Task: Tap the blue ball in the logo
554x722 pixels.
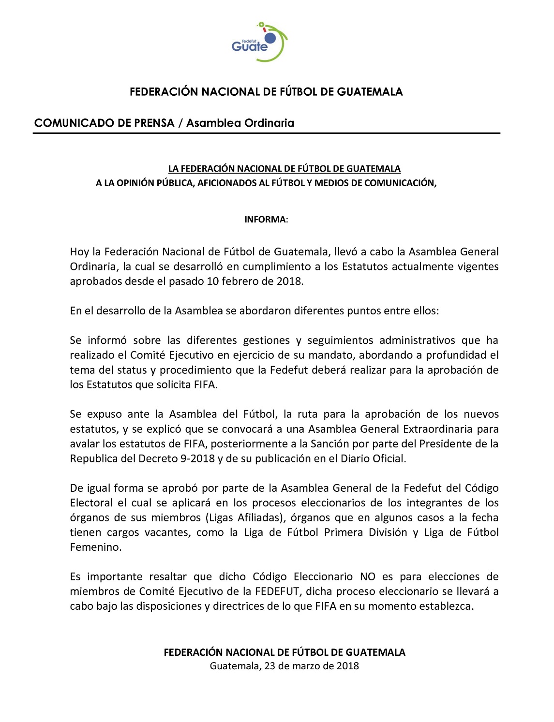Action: (270, 38)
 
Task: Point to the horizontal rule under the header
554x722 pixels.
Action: (266, 133)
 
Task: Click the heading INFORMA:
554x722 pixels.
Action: (266, 220)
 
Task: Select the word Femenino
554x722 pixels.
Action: (95, 547)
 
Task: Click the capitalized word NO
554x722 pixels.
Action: (367, 577)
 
